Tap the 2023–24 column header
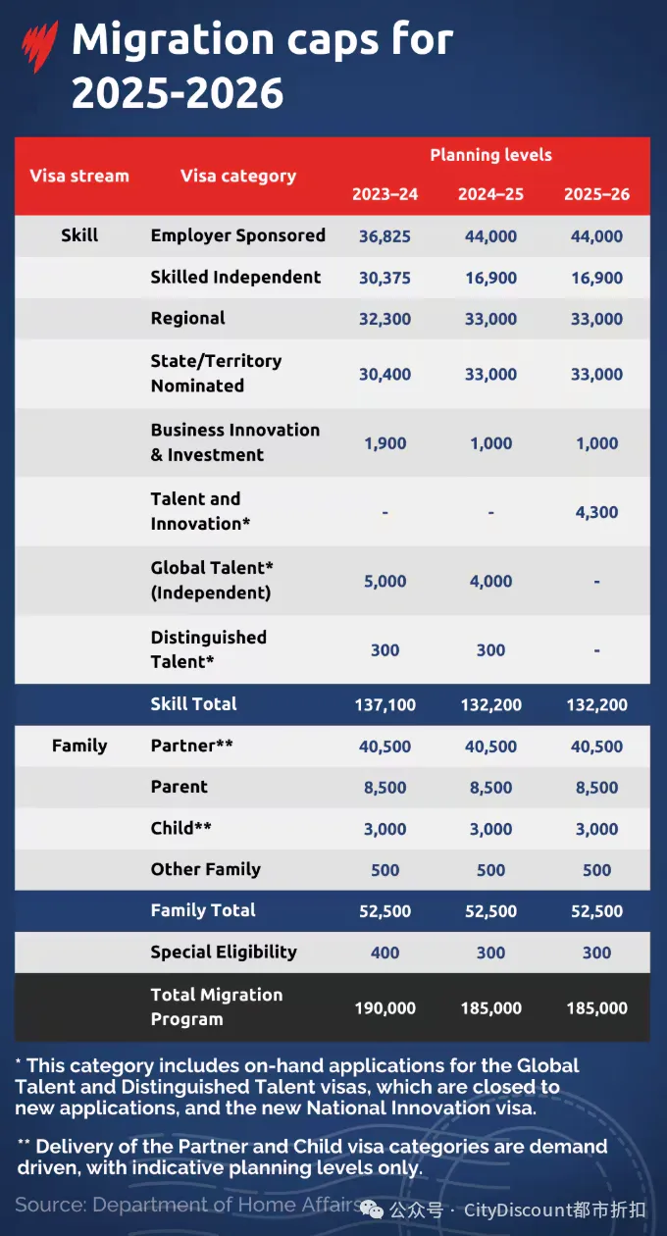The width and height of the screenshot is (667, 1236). coord(385,194)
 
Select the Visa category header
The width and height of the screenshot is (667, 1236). coord(237,177)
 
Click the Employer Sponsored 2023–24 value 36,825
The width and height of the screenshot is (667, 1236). coord(385,236)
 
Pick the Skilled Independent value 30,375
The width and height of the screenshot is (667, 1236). coord(385,278)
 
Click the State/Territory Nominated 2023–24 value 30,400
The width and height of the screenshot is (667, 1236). coord(385,374)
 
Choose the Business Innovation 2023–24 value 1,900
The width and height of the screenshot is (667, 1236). coord(385,443)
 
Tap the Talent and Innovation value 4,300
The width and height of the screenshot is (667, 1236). coord(596,512)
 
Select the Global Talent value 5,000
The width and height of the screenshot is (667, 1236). coord(385,582)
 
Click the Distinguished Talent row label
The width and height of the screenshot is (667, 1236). coord(208,649)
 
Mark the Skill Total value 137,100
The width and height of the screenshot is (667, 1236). coord(385,705)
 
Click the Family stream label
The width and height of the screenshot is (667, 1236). coord(79,747)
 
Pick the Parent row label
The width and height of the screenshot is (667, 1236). coord(180,787)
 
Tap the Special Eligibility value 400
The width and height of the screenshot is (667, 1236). coord(385,953)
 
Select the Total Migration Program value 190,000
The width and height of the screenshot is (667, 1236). coord(385,1008)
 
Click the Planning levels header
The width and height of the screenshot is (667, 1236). coord(490,155)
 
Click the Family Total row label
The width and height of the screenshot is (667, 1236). coord(203,910)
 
